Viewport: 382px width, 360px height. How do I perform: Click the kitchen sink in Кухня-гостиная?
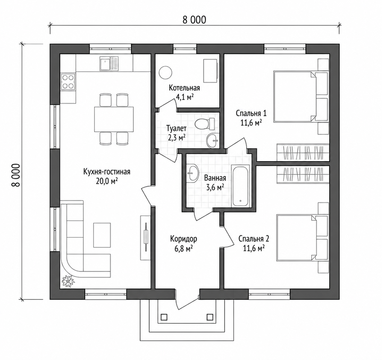[x=109, y=64]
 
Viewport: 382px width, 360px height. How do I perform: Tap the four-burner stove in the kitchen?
[x=68, y=82]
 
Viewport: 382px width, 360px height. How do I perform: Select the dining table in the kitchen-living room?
[x=114, y=119]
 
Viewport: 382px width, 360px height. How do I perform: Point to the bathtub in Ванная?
[x=241, y=186]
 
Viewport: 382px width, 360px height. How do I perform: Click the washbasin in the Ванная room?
[x=193, y=173]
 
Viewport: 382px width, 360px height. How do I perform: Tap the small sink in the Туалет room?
[x=213, y=141]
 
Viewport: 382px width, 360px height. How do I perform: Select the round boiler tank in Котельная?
[x=166, y=72]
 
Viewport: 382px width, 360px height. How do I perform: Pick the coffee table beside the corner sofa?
[x=102, y=235]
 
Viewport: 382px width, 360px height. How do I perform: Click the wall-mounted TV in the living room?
[x=146, y=238]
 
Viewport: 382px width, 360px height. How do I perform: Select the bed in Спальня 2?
[x=302, y=238]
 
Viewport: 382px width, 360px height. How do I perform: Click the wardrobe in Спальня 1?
[x=303, y=153]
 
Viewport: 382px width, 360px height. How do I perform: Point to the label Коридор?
[x=183, y=239]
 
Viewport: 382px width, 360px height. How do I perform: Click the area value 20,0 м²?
[x=107, y=181]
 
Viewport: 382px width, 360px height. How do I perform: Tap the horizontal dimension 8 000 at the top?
[x=194, y=20]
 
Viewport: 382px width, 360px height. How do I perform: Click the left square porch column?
[x=164, y=317]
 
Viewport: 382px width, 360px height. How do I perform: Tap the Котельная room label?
[x=184, y=88]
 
